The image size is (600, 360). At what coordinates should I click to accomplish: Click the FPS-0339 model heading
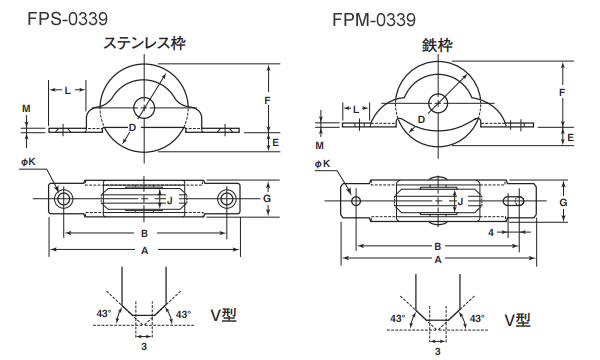[x=67, y=18]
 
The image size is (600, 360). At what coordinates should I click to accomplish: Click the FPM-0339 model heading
[x=374, y=20]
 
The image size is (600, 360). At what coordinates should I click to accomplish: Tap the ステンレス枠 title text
[x=145, y=43]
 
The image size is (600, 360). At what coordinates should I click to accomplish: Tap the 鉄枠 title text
[x=437, y=46]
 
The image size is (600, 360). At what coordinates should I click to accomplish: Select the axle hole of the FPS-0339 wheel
[x=144, y=108]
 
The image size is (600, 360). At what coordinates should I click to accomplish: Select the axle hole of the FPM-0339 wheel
[x=438, y=103]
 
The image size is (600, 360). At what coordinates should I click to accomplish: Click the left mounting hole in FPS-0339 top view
[x=63, y=199]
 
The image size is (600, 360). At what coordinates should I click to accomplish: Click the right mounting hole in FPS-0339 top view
[x=225, y=199]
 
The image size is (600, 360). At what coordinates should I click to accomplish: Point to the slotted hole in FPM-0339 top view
[x=514, y=200]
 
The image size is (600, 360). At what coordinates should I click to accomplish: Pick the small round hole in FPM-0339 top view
[x=356, y=200]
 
